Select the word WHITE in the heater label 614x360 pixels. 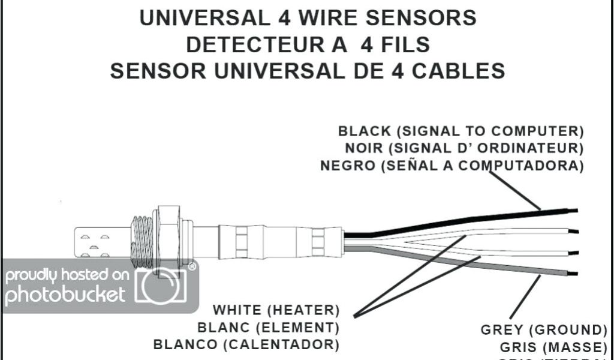(x=237, y=311)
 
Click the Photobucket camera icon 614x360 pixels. (x=161, y=286)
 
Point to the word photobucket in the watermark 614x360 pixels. (x=65, y=295)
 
